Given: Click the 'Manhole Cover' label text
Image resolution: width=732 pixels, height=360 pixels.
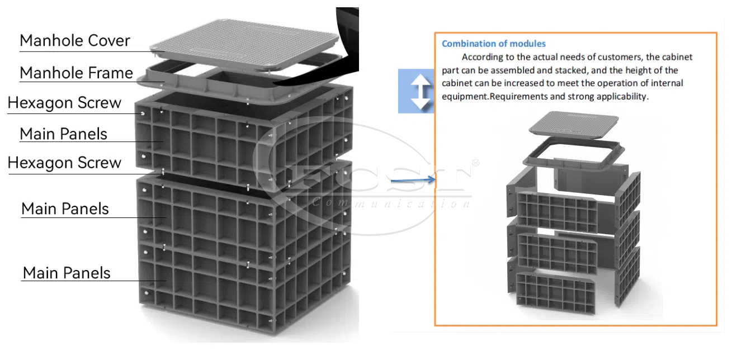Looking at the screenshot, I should [x=75, y=41].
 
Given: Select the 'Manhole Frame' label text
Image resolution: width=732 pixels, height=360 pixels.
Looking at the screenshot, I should [x=76, y=73].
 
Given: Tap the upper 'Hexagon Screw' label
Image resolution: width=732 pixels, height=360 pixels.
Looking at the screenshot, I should [x=64, y=103].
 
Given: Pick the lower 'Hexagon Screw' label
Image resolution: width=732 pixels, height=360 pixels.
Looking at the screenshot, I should [x=64, y=163].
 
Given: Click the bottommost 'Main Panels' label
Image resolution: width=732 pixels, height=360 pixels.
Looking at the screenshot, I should [x=67, y=273].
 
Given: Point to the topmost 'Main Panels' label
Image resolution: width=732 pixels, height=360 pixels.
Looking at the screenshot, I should [x=63, y=134].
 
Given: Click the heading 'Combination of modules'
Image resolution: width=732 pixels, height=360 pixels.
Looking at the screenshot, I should [x=494, y=44].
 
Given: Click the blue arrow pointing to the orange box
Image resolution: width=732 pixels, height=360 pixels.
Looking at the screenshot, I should [x=413, y=180].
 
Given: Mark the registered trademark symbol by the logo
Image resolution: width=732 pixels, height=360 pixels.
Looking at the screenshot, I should [x=475, y=163].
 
